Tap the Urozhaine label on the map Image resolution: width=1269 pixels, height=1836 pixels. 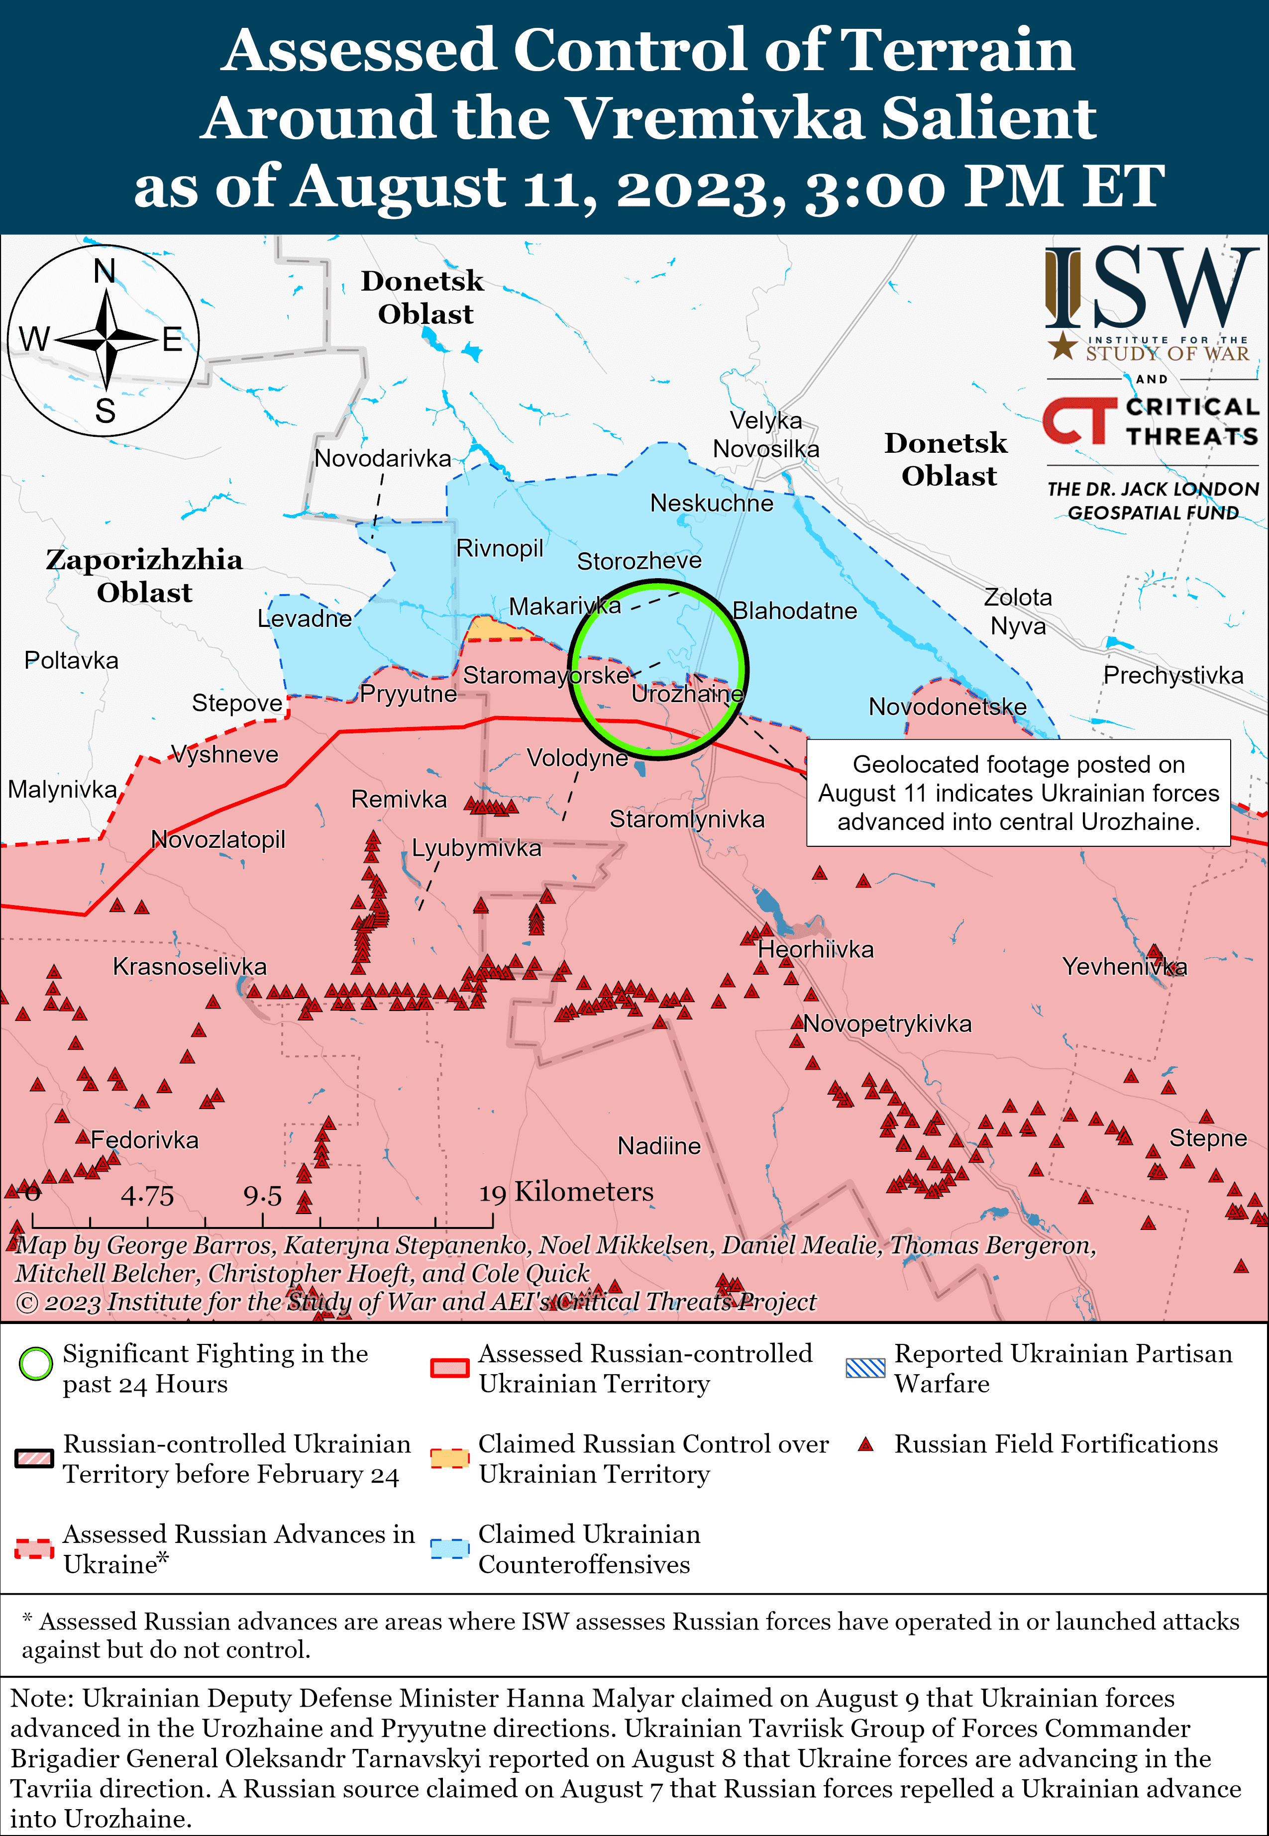click(x=686, y=694)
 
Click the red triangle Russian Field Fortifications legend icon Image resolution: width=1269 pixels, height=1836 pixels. click(x=866, y=1444)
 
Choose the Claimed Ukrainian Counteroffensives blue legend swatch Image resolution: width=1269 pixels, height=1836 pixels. click(x=449, y=1549)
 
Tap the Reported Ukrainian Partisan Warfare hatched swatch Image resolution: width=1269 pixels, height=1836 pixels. click(x=865, y=1367)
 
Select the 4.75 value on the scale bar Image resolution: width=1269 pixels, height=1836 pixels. click(x=147, y=1195)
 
